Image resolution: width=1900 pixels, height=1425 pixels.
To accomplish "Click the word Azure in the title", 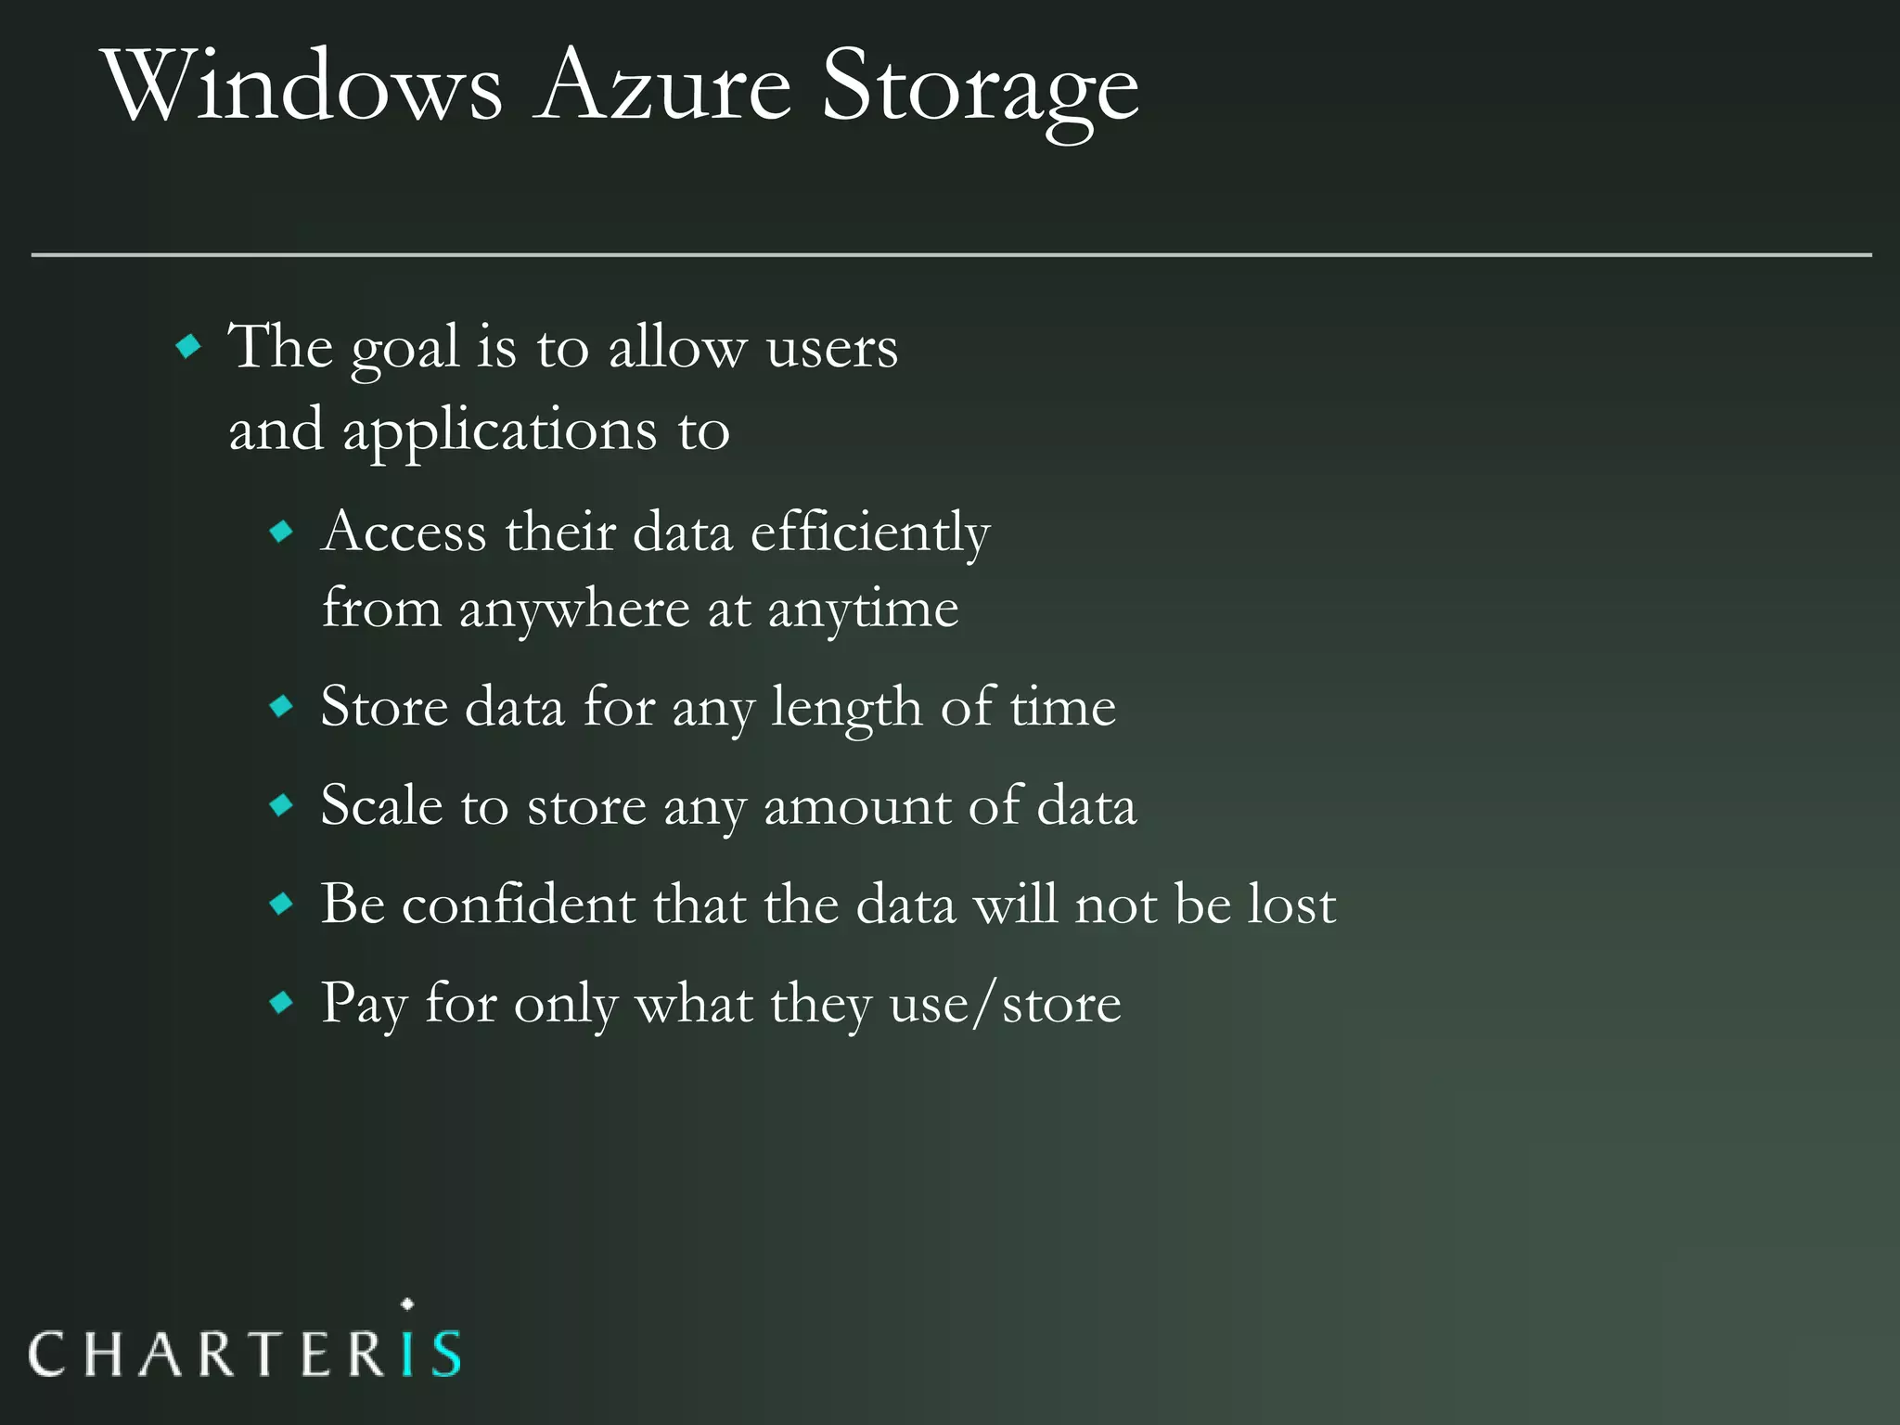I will (662, 88).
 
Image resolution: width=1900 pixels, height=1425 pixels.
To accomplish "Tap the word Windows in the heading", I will (304, 88).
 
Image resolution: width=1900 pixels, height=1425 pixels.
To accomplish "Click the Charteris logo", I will (245, 1351).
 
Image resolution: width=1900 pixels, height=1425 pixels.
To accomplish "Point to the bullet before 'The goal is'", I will (188, 347).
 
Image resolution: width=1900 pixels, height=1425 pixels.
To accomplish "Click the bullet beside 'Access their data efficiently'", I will (281, 532).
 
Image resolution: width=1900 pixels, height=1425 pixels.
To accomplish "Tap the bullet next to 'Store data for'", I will (281, 707).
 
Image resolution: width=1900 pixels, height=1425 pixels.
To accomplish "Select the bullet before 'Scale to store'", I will (281, 804).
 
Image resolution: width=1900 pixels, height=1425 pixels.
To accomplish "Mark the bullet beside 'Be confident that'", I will (281, 904).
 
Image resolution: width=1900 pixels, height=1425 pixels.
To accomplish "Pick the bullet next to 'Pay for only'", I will (281, 1003).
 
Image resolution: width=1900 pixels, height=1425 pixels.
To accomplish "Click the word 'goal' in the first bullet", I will (404, 351).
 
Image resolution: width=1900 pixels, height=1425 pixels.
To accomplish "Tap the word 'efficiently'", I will (870, 533).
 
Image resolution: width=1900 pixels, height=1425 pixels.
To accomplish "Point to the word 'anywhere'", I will (573, 611).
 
